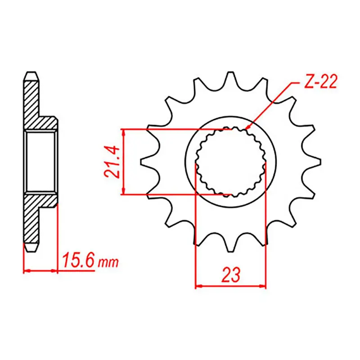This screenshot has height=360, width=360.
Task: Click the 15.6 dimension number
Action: click(x=78, y=261)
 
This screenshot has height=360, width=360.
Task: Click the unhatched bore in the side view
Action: click(x=41, y=162)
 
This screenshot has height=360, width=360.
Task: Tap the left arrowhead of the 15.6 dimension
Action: click(x=26, y=271)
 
